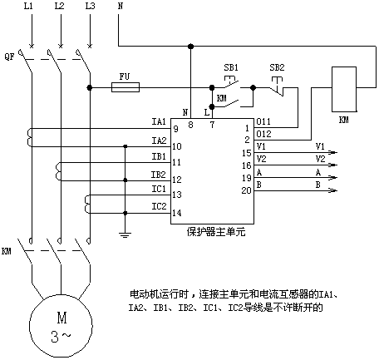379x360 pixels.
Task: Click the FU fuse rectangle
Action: tap(126, 87)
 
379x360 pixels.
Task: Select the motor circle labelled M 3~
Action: tap(61, 326)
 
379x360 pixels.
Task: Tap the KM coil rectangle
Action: tap(344, 89)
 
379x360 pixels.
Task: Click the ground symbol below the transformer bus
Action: tap(126, 235)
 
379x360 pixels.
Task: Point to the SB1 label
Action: tap(231, 67)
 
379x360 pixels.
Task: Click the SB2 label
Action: tap(277, 67)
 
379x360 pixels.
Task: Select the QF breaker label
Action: tap(9, 57)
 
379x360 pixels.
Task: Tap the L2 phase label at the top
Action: tap(59, 6)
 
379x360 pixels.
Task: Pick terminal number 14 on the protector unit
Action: tap(177, 213)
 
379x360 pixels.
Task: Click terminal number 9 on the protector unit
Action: tap(175, 129)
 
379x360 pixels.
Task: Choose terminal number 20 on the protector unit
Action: tap(246, 190)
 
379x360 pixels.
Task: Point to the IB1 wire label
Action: tap(159, 156)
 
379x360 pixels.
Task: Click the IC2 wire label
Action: tap(159, 206)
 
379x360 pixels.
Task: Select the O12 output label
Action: tap(263, 134)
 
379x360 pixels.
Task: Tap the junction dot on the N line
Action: tap(190, 47)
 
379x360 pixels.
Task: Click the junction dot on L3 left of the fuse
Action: tap(90, 88)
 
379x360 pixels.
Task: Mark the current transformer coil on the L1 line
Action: tap(29, 137)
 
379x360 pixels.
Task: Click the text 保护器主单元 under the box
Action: tap(216, 231)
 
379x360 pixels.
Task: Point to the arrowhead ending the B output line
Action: tap(333, 190)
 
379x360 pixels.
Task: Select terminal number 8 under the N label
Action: tap(190, 125)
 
